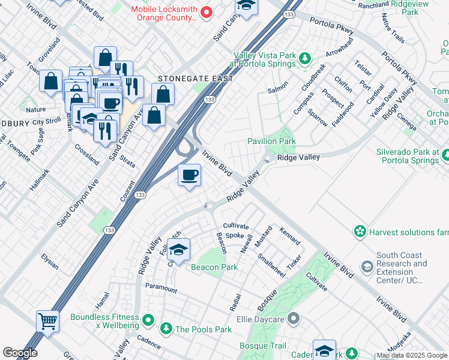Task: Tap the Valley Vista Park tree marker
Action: click(x=306, y=58)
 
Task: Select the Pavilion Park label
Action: click(x=271, y=141)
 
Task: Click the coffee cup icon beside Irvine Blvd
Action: click(x=190, y=175)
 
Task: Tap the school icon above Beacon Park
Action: click(x=178, y=250)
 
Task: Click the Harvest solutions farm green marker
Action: click(x=360, y=232)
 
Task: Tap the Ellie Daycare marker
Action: click(x=293, y=319)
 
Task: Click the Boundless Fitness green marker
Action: click(x=148, y=318)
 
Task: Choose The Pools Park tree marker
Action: click(x=166, y=329)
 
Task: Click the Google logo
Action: click(x=20, y=353)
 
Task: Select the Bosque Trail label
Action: click(x=263, y=346)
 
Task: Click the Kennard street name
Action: click(x=290, y=235)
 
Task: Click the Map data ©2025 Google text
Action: click(x=412, y=356)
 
